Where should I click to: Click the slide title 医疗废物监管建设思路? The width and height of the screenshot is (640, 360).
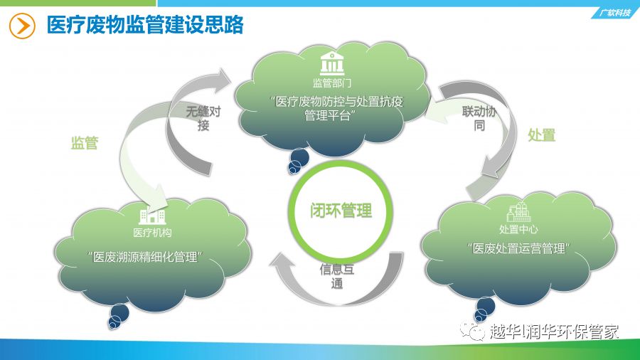pyautogui.click(x=145, y=24)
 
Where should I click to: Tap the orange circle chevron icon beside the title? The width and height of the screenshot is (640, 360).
pyautogui.click(x=22, y=26)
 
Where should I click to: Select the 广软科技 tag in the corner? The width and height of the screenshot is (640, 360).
pyautogui.click(x=614, y=13)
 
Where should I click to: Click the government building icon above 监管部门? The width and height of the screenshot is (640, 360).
pyautogui.click(x=332, y=63)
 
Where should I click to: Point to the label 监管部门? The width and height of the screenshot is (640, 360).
pyautogui.click(x=332, y=83)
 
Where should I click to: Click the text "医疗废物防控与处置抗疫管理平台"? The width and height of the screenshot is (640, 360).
pyautogui.click(x=337, y=109)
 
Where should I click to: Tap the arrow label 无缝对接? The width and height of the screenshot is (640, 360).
pyautogui.click(x=203, y=118)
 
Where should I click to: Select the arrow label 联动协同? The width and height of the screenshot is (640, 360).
pyautogui.click(x=479, y=118)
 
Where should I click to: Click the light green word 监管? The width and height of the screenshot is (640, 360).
pyautogui.click(x=85, y=143)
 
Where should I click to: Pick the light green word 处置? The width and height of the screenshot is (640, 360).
pyautogui.click(x=542, y=135)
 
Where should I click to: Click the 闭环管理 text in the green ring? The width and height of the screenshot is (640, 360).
pyautogui.click(x=341, y=211)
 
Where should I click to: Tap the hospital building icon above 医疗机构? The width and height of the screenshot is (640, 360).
pyautogui.click(x=152, y=215)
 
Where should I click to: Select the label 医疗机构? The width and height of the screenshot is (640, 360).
pyautogui.click(x=152, y=233)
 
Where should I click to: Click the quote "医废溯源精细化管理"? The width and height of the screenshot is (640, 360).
pyautogui.click(x=145, y=257)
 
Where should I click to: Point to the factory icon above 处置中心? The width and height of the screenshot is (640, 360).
pyautogui.click(x=518, y=212)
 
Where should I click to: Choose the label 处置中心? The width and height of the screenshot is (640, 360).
pyautogui.click(x=518, y=229)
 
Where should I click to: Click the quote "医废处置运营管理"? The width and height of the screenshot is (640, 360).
pyautogui.click(x=518, y=248)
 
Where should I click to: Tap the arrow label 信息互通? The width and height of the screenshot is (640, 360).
pyautogui.click(x=337, y=276)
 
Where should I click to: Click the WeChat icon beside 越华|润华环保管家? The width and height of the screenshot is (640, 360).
pyautogui.click(x=472, y=331)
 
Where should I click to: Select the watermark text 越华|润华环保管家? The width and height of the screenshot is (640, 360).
pyautogui.click(x=554, y=332)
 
